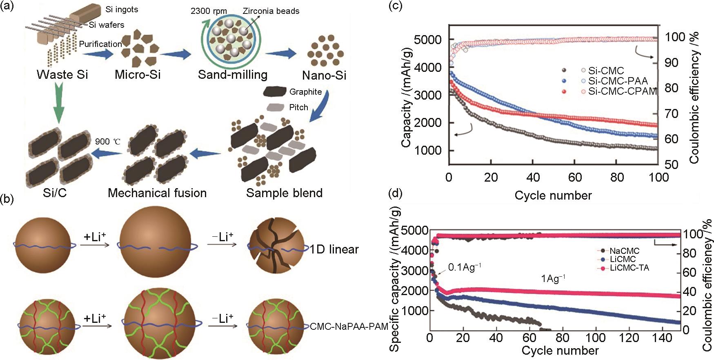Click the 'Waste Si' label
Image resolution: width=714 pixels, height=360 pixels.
click(62, 75)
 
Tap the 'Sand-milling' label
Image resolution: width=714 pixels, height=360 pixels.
click(233, 75)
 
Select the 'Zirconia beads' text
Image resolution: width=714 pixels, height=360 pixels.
click(271, 11)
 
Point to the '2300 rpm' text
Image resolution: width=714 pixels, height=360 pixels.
click(209, 11)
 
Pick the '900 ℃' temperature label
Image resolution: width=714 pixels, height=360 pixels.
click(108, 142)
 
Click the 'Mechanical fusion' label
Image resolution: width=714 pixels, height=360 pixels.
click(157, 193)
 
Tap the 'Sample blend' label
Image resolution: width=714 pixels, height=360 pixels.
click(284, 193)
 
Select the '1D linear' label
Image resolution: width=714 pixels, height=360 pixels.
click(334, 249)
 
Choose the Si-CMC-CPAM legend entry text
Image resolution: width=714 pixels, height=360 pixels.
click(622, 91)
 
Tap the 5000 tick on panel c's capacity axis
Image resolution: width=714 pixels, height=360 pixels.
click(427, 40)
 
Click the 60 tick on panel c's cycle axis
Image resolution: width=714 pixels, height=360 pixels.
click(575, 177)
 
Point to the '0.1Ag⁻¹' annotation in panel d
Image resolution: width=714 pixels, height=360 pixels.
click(465, 267)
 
